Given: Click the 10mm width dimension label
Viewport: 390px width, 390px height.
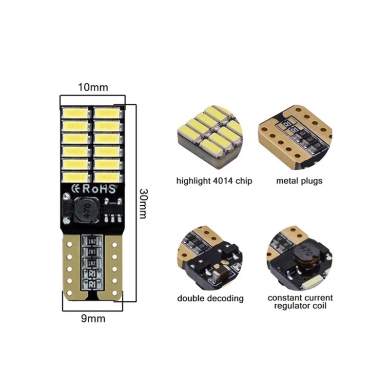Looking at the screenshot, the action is click(93, 88).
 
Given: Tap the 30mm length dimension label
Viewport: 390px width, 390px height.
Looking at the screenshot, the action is click(143, 203).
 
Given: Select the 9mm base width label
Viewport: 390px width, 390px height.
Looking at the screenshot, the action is click(93, 319).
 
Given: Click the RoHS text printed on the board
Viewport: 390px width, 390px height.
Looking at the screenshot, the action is click(99, 189).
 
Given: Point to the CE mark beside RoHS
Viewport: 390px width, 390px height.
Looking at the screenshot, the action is click(76, 189).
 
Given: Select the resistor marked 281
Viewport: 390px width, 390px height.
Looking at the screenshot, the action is click(92, 252).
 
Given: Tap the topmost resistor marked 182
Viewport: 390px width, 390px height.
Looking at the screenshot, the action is click(92, 241).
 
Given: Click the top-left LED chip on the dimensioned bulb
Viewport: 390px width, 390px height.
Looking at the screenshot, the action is click(76, 113).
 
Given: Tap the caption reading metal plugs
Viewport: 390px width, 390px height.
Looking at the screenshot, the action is click(299, 181).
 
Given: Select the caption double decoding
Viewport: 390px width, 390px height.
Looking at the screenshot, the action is click(210, 298).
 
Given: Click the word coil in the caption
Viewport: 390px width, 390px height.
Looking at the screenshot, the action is click(320, 306).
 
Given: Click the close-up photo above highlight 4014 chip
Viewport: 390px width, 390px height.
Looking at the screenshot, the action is click(210, 137).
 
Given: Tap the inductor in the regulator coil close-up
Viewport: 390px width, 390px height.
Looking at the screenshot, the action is click(306, 257).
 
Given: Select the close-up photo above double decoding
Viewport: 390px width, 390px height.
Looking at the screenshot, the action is click(210, 258).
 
